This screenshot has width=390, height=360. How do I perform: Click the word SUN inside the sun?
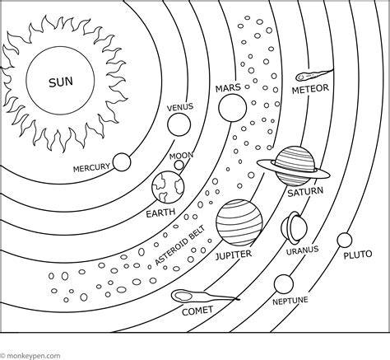61,82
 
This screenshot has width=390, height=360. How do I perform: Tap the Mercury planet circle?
122,162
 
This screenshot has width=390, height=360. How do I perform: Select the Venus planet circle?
179,124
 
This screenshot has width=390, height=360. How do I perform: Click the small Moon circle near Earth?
179,165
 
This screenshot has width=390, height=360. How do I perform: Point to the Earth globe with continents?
168,187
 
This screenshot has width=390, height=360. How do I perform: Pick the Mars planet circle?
233,108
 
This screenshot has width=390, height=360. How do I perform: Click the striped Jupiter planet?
239,222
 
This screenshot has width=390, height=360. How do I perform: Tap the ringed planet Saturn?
294,166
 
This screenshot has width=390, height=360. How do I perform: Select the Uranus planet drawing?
295,227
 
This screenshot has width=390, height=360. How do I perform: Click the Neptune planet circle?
284,284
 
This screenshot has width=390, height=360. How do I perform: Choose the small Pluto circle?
345,240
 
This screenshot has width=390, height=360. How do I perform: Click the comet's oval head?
182,296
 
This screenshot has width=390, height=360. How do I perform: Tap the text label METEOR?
310,89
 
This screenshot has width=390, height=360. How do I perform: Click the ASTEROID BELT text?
180,245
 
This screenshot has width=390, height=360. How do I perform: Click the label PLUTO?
358,255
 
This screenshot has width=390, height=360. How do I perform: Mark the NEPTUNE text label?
290,301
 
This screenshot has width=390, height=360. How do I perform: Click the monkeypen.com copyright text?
30,356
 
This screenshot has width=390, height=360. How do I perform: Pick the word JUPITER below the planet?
234,255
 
